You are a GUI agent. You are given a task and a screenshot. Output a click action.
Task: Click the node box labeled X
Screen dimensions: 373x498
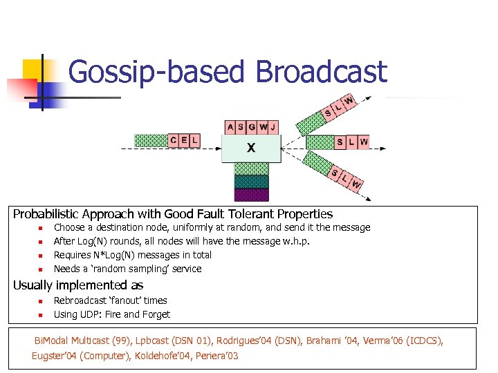pos(250,148)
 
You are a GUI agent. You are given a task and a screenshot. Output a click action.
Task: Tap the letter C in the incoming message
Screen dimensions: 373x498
pos(174,140)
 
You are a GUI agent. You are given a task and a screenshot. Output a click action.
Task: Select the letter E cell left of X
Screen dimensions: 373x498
pos(184,140)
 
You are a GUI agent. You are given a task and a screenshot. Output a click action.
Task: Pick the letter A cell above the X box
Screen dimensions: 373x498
pos(230,127)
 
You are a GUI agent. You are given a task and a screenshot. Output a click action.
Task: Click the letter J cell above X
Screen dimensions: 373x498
pos(273,127)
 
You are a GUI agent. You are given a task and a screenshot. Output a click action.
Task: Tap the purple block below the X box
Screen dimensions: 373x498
pos(250,194)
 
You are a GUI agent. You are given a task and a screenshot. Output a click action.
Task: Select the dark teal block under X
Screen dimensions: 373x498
pos(250,182)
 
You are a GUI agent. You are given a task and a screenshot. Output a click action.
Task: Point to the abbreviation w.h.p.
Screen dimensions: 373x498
pos(293,241)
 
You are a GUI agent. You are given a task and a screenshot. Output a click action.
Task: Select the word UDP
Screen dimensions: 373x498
pos(94,314)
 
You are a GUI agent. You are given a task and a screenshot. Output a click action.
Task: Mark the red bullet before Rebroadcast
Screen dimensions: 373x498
pos(40,301)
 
